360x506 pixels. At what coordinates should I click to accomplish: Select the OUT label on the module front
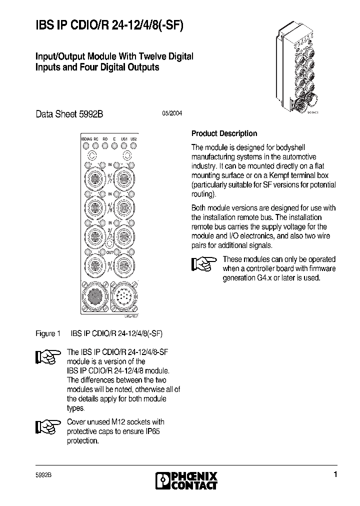(109, 252)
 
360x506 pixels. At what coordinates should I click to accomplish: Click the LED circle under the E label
(114, 146)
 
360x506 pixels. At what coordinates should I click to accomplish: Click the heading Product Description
(224, 133)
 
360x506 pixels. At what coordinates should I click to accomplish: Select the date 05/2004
(171, 113)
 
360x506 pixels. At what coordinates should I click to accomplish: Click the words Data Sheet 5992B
(69, 113)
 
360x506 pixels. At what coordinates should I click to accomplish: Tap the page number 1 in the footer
(335, 474)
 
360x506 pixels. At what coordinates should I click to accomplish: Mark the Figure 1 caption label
(48, 333)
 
